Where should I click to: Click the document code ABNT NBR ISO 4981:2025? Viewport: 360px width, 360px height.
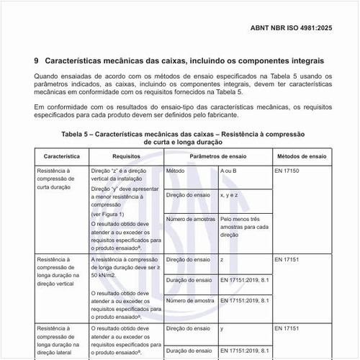click(301, 30)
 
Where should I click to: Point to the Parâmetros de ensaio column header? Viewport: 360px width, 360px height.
click(217, 156)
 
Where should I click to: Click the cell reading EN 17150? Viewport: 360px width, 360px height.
click(289, 171)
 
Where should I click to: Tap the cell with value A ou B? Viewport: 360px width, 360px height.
click(230, 171)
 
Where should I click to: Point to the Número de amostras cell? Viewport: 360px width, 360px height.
click(189, 219)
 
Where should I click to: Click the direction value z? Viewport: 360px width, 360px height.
click(222, 258)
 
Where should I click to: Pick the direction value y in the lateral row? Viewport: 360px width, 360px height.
click(222, 328)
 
